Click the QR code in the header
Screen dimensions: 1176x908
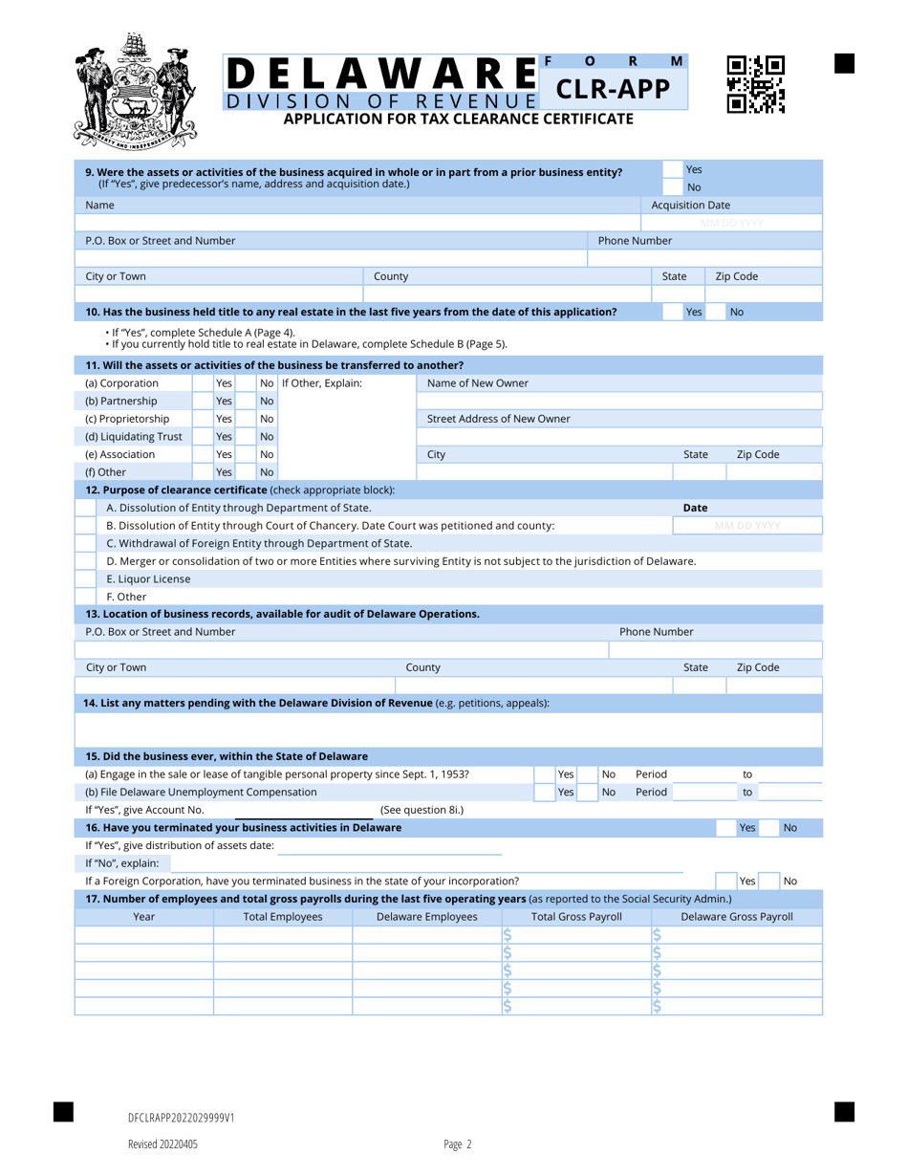755,86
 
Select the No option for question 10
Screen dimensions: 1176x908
737,312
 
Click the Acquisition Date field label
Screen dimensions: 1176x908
690,205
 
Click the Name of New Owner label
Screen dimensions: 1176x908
477,383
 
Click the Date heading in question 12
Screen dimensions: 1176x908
695,507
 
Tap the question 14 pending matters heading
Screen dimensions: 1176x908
317,702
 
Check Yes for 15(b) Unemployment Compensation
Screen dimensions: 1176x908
565,792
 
